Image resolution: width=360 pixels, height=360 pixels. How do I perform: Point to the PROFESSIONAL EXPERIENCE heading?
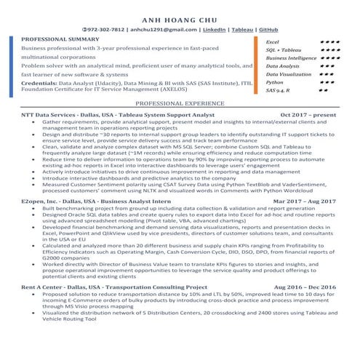(x=180, y=105)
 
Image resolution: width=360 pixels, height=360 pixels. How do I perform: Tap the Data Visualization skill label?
(x=289, y=74)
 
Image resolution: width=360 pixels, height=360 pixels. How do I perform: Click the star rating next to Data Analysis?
(x=327, y=66)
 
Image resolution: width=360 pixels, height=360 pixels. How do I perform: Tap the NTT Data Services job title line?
(x=118, y=115)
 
